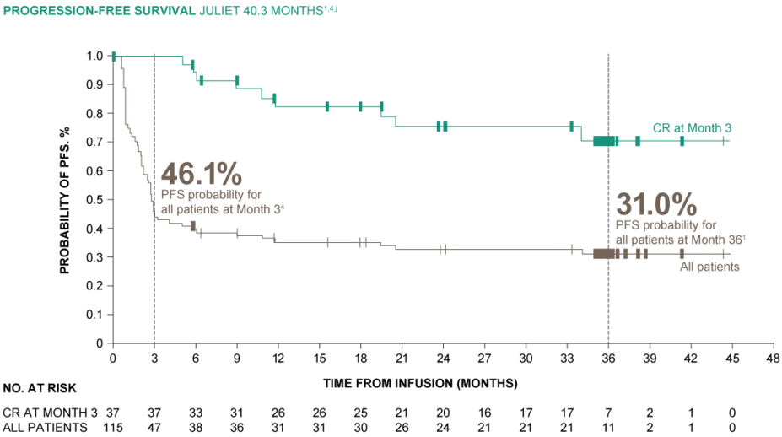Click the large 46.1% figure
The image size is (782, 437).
click(x=202, y=174)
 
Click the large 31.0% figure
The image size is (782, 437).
click(x=656, y=204)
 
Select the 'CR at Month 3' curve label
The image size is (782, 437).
click(x=692, y=128)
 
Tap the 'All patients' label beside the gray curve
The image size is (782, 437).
click(x=709, y=267)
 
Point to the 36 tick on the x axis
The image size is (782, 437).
click(x=608, y=358)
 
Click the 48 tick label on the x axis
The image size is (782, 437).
click(x=772, y=358)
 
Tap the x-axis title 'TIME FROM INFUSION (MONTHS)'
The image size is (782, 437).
click(x=419, y=383)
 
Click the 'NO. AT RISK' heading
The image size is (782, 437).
click(x=40, y=389)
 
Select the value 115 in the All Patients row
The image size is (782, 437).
click(x=113, y=428)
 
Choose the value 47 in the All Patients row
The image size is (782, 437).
click(x=154, y=428)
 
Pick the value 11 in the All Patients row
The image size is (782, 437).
click(x=608, y=428)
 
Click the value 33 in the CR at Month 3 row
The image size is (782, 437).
click(x=196, y=412)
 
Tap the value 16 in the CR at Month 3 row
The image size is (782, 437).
click(x=484, y=412)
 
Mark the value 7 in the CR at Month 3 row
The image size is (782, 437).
click(x=608, y=412)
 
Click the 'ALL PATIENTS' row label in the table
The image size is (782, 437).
click(x=45, y=428)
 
